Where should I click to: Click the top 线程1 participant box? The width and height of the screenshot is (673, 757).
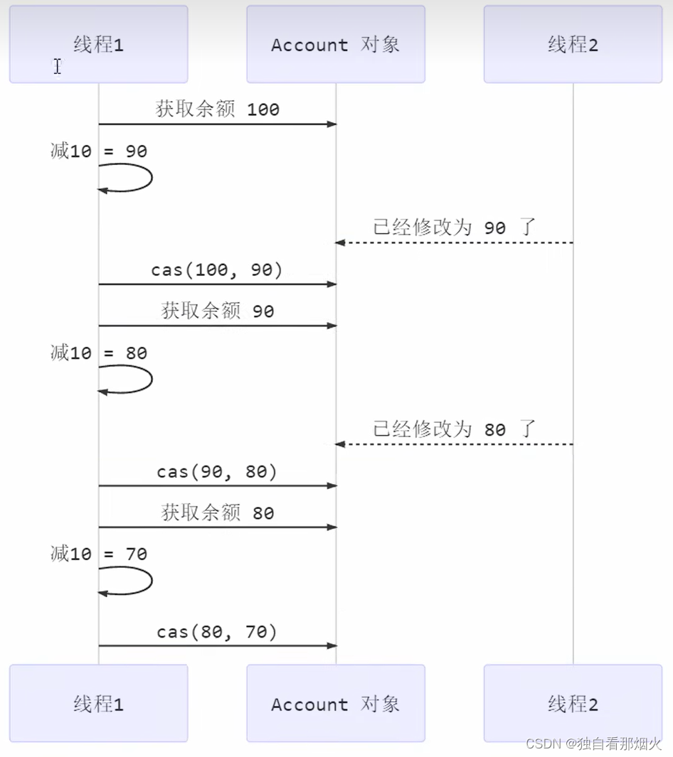coord(98,45)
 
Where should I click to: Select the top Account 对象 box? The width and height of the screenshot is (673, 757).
coord(336,45)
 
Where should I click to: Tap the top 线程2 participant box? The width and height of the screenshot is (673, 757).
coord(573,45)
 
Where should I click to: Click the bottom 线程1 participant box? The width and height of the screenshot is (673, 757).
coord(98,704)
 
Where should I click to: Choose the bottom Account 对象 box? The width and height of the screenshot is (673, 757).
coord(336,704)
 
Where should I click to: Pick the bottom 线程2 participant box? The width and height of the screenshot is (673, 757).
coord(573,704)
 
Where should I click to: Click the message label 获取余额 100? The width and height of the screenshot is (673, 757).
coord(217,109)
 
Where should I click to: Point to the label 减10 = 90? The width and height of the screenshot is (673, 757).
coord(98,151)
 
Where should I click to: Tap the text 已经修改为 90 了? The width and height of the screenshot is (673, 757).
coord(454,227)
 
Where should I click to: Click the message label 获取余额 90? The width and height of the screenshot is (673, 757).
coord(217,311)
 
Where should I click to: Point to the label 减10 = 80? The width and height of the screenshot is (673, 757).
coord(98,353)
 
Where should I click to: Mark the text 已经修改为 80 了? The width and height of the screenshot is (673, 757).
coord(454,429)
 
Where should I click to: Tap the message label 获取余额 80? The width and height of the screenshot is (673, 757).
coord(217,512)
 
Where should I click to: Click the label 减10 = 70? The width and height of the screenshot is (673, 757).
coord(98,554)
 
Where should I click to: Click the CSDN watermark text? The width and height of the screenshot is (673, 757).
coord(593,743)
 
